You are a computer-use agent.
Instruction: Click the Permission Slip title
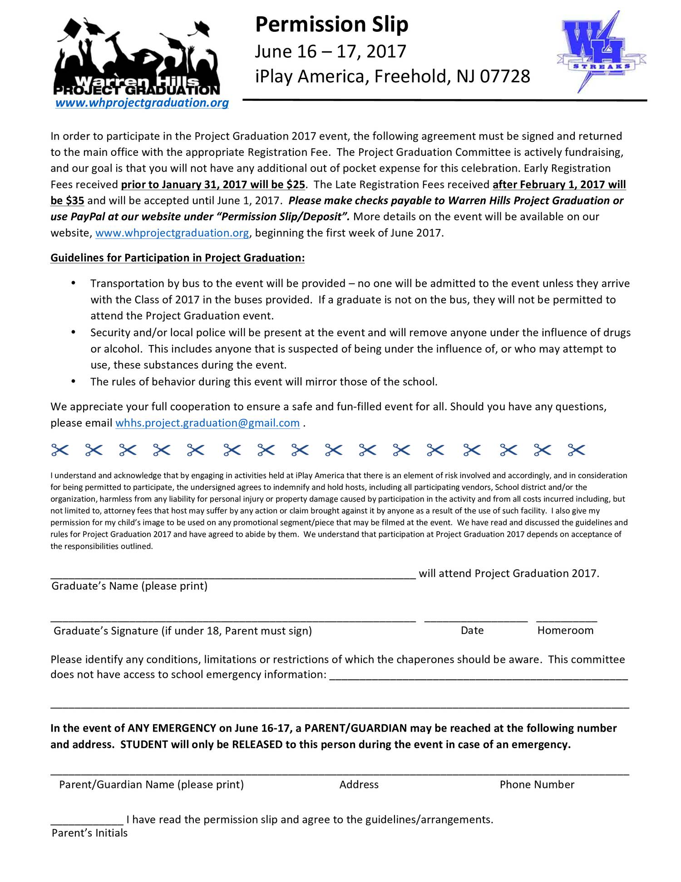(331, 25)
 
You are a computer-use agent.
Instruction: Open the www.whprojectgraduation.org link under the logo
(142, 103)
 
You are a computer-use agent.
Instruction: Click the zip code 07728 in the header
(505, 76)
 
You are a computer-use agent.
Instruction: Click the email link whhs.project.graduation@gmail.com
(207, 423)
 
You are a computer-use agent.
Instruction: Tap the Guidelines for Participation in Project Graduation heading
(178, 258)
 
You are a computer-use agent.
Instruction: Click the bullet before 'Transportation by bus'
(74, 283)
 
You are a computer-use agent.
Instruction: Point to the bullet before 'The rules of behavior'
(74, 381)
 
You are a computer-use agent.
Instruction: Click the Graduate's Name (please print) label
(129, 586)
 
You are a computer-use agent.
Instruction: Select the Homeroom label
(565, 630)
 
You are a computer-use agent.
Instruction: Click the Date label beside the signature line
(472, 630)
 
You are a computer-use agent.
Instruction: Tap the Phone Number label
(537, 784)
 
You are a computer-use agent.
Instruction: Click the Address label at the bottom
(359, 784)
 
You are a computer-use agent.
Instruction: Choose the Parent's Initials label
(89, 832)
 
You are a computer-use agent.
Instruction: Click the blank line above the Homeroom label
(567, 620)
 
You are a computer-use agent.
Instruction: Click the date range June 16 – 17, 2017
(330, 52)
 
